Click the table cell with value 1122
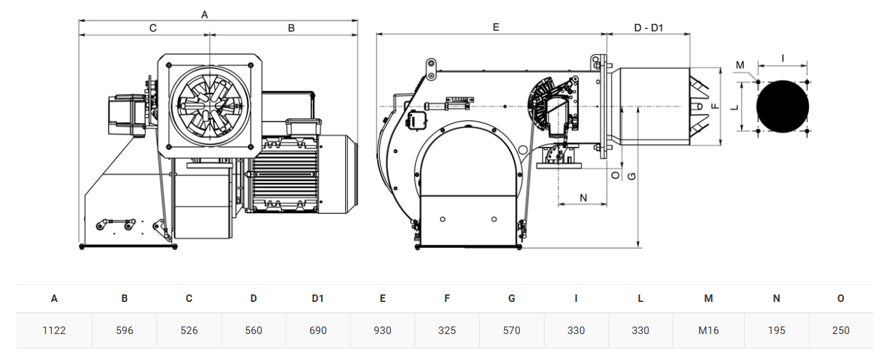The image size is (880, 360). pyautogui.click(x=54, y=331)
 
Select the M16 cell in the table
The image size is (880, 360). pyautogui.click(x=709, y=331)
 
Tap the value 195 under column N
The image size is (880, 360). pyautogui.click(x=776, y=331)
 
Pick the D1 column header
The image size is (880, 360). pyautogui.click(x=318, y=299)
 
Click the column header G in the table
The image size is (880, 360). pyautogui.click(x=512, y=299)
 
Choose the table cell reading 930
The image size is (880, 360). pyautogui.click(x=382, y=331)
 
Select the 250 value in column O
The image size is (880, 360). pyautogui.click(x=840, y=331)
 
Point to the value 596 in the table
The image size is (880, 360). pyautogui.click(x=124, y=331)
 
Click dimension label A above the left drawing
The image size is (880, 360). pyautogui.click(x=204, y=15)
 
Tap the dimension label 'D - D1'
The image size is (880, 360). pyautogui.click(x=648, y=28)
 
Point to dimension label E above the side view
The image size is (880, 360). pyautogui.click(x=496, y=27)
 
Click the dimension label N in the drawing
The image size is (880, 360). pyautogui.click(x=583, y=198)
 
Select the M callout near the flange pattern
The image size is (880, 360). pyautogui.click(x=740, y=65)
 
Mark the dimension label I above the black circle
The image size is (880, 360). pyautogui.click(x=782, y=59)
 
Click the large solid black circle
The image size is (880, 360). pyautogui.click(x=782, y=107)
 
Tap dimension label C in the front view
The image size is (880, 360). pyautogui.click(x=153, y=28)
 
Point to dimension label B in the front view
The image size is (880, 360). pyautogui.click(x=291, y=28)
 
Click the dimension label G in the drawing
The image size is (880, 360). pyautogui.click(x=632, y=176)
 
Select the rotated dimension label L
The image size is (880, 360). pyautogui.click(x=734, y=107)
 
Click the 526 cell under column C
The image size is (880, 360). pyautogui.click(x=189, y=331)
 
